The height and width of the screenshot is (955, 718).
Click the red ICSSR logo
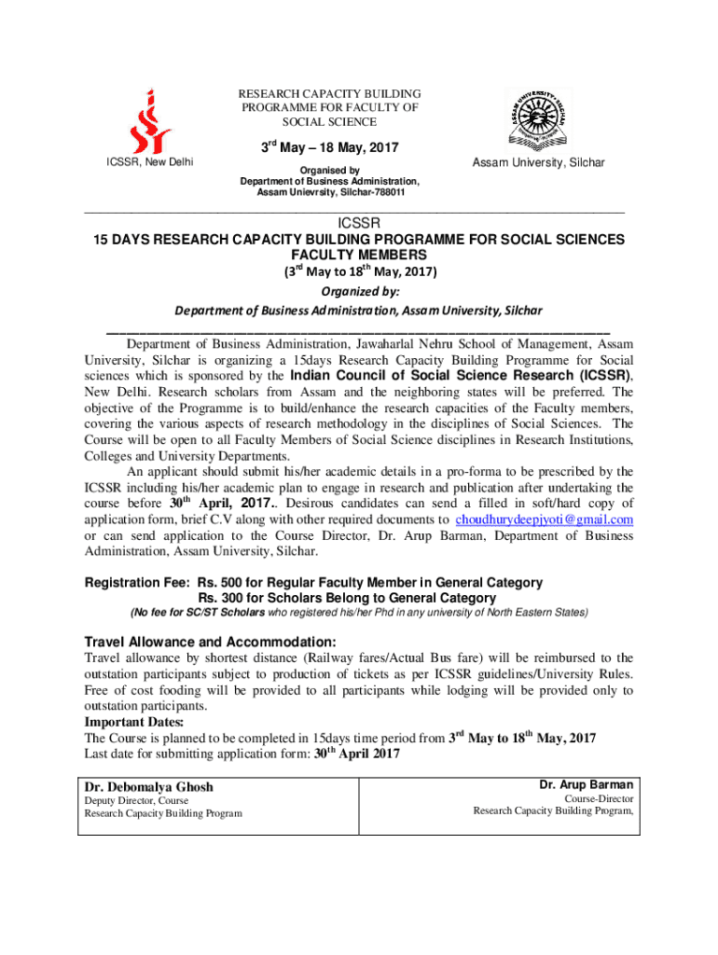[x=151, y=121]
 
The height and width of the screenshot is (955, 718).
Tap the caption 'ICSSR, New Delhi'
[x=151, y=162]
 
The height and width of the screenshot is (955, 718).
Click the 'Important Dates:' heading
[x=134, y=722]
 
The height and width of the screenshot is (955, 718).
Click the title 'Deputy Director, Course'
[x=136, y=800]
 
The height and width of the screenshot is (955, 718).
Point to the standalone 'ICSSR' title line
[x=359, y=224]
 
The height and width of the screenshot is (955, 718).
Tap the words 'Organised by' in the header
[x=329, y=170]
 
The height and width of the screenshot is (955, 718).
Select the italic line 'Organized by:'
[x=359, y=291]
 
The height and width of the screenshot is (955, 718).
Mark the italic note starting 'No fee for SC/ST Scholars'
[x=359, y=613]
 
